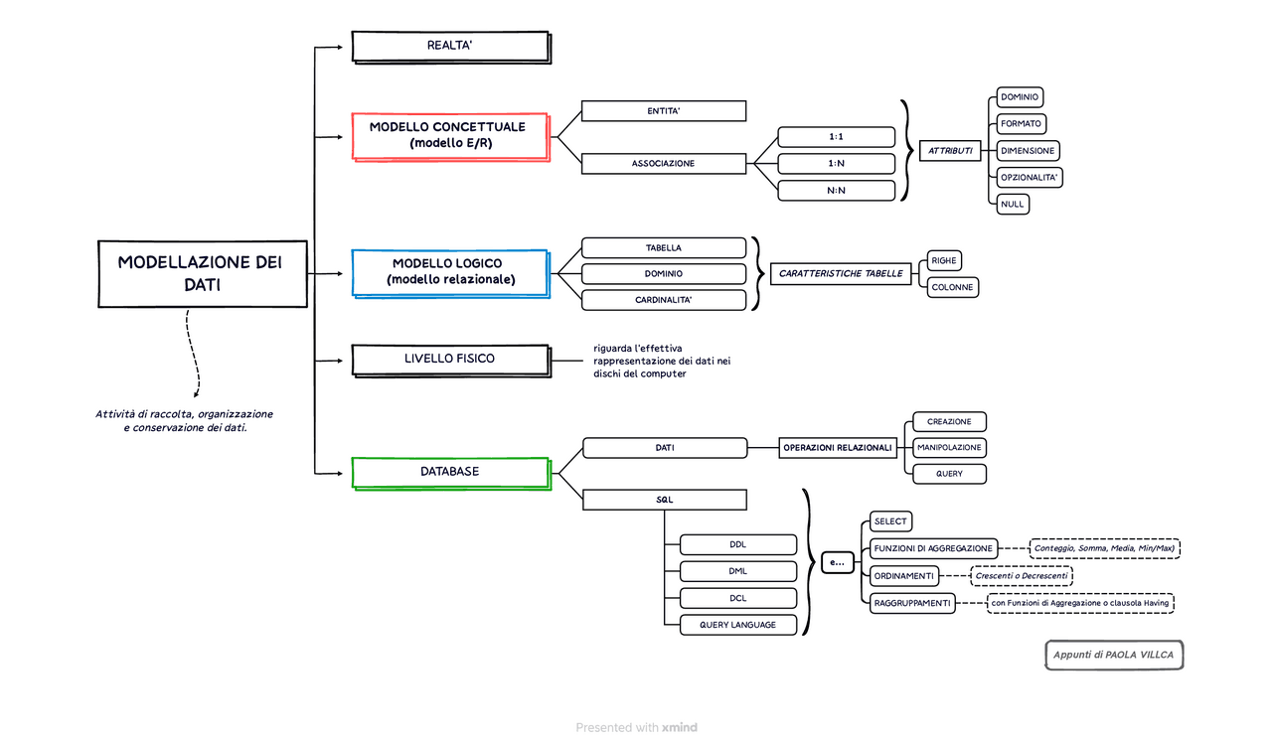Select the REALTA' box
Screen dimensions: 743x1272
click(x=449, y=46)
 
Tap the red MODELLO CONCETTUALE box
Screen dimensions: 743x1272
click(x=449, y=136)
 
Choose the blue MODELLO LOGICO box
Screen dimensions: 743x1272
click(x=449, y=272)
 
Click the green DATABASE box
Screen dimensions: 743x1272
click(x=449, y=472)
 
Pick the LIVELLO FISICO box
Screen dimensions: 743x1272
click(x=449, y=359)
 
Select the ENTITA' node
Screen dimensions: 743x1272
click(x=663, y=111)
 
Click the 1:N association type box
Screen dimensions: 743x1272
click(x=836, y=164)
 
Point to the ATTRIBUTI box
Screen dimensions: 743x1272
click(x=950, y=151)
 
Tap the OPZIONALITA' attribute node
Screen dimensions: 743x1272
click(x=1031, y=178)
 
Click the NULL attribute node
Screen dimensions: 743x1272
click(x=1013, y=204)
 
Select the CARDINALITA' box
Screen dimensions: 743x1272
click(x=663, y=300)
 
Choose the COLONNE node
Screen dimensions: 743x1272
click(x=952, y=287)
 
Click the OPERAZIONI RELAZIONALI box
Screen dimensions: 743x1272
click(x=839, y=448)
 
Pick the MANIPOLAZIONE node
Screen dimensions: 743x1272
click(x=949, y=448)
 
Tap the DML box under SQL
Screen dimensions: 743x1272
click(x=737, y=571)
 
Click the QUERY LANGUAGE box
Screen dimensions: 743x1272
click(x=737, y=625)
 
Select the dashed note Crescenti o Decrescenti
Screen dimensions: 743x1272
click(x=1022, y=576)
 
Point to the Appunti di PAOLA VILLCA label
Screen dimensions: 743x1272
click(x=1114, y=656)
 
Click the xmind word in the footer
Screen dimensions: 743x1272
click(x=680, y=728)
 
